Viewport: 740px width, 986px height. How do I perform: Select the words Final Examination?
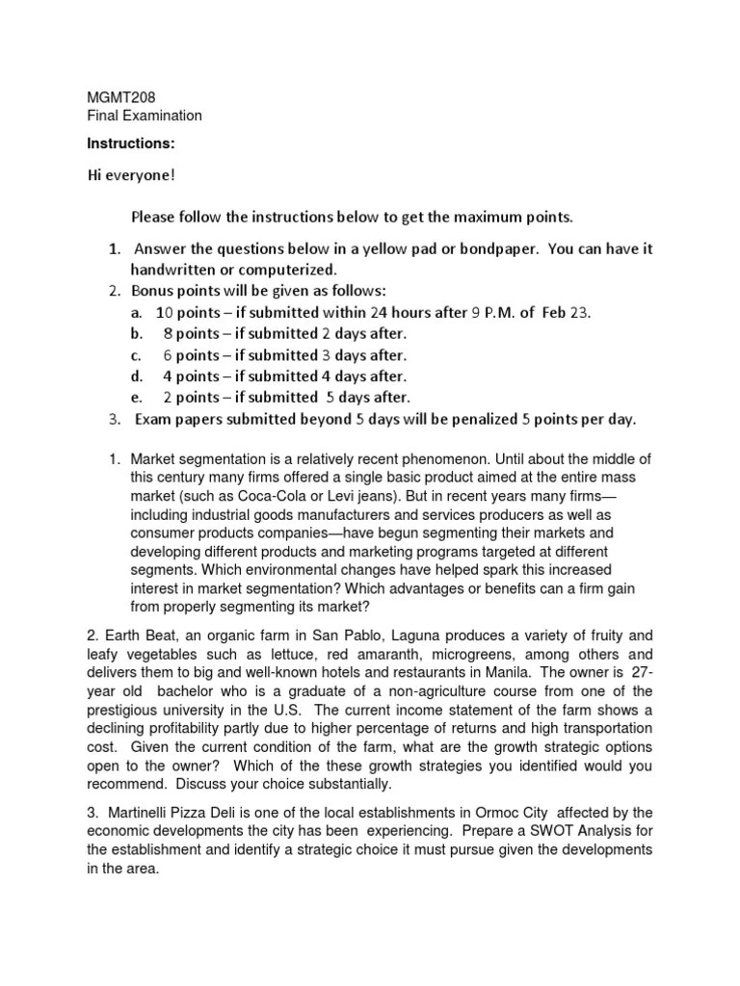[x=145, y=117]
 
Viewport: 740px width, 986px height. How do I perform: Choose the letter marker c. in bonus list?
[x=137, y=354]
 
